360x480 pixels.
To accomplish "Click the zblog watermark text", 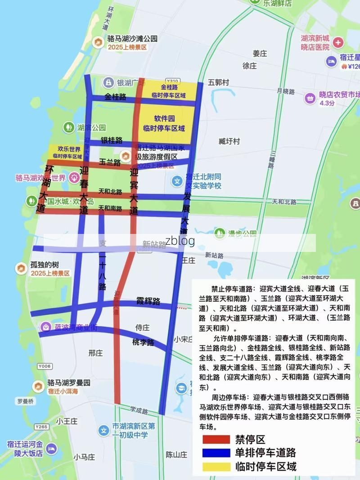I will pyautogui.click(x=180, y=241).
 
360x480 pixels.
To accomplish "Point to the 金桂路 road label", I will pyautogui.click(x=115, y=97).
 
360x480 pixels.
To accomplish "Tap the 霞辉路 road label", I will pyautogui.click(x=148, y=301).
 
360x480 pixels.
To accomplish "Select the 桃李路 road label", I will pyautogui.click(x=143, y=342).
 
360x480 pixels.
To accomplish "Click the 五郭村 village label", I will pyautogui.click(x=218, y=83).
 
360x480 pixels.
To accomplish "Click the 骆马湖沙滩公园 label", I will pyautogui.click(x=132, y=39).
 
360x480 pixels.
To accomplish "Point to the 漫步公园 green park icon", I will pyautogui.click(x=220, y=233).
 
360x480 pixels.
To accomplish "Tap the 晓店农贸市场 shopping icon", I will pyautogui.click(x=310, y=98).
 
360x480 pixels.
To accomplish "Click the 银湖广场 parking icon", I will pyautogui.click(x=108, y=82).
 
